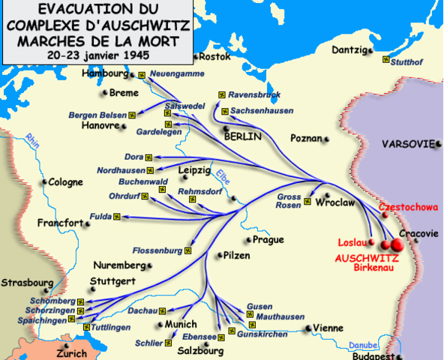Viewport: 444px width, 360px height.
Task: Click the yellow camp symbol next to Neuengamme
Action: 142,75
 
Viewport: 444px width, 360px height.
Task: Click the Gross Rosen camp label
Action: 289,201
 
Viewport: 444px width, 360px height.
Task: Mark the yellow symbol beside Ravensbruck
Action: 221,94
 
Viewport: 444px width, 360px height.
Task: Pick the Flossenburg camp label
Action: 157,250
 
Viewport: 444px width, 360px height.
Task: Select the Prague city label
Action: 268,240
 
